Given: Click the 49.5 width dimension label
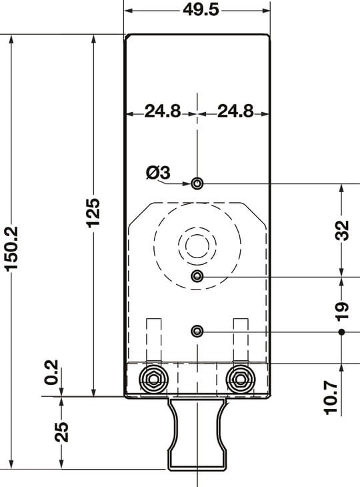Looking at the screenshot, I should coord(197,11).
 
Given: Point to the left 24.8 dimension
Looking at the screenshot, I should coord(163,112).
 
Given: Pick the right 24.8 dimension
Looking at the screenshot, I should coord(235,112).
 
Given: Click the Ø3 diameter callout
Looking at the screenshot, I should coord(158,173).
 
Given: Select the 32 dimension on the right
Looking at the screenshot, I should coord(341,229).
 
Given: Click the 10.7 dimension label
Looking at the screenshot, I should coord(331,397).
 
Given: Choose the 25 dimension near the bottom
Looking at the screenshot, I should coord(61,432).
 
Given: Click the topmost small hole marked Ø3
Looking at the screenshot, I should coord(197,183).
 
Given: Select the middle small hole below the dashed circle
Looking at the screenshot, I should coord(197,276).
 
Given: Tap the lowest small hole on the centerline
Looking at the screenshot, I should coord(197,332).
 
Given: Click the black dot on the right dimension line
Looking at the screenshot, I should coord(341,332).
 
